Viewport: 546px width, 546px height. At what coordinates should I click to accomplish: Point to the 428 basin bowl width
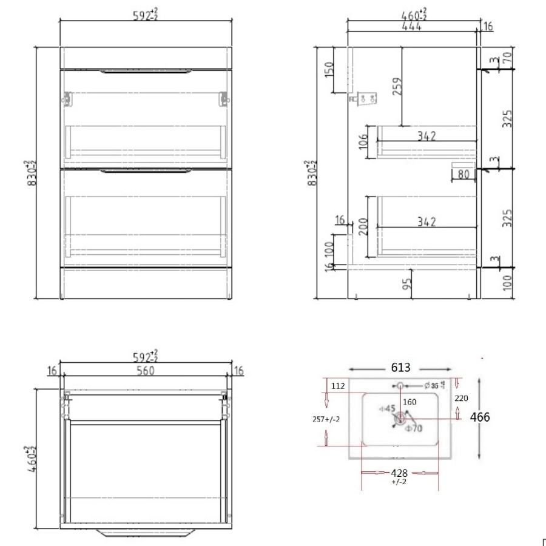point(399,473)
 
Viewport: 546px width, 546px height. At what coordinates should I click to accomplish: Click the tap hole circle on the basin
point(400,385)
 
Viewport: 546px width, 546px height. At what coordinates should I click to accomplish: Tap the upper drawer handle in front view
point(146,72)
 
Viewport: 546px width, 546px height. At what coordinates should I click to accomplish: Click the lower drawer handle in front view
point(146,172)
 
